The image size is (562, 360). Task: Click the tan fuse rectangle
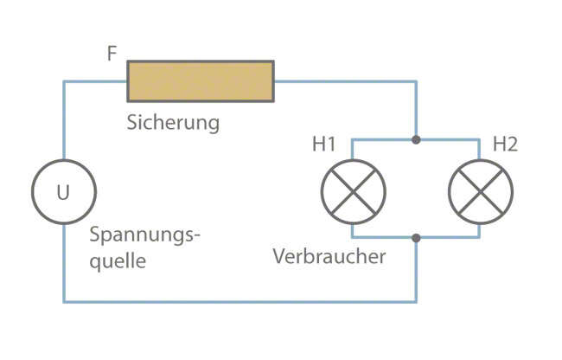tap(201, 81)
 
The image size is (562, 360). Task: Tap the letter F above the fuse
tap(112, 54)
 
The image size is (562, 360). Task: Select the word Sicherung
tap(173, 122)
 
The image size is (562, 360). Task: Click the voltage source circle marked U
tap(64, 192)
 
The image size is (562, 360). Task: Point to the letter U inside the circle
tap(64, 192)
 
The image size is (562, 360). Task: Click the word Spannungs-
tap(145, 236)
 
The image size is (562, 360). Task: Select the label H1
tap(324, 144)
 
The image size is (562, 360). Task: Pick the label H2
tap(504, 144)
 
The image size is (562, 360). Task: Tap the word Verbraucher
tap(329, 257)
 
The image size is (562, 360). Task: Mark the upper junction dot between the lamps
tap(417, 139)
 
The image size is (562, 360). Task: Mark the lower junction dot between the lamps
tap(417, 237)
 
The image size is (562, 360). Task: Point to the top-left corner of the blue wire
tap(64, 82)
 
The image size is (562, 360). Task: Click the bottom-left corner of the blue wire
tap(64, 301)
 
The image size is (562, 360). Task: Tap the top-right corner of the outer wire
tap(417, 82)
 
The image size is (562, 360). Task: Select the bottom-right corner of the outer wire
tap(417, 301)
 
